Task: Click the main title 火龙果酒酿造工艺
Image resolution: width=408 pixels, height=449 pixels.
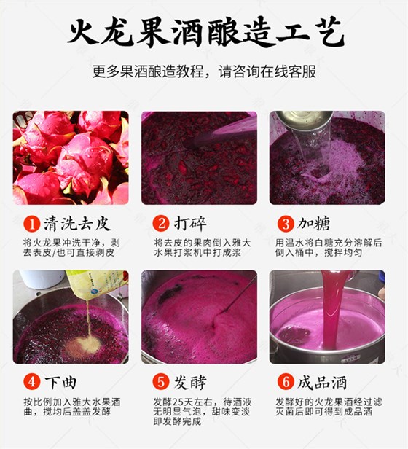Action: tap(206, 33)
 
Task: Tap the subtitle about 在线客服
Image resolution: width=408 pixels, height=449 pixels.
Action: tap(204, 71)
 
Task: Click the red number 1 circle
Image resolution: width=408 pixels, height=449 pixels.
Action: tap(32, 223)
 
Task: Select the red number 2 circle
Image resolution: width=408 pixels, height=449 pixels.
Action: tap(161, 223)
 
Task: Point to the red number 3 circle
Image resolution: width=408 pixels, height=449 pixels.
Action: tap(286, 223)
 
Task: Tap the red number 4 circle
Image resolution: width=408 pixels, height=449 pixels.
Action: tap(32, 382)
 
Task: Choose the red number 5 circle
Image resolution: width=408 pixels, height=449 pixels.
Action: tap(161, 382)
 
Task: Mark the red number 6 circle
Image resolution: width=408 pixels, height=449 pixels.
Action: tap(286, 382)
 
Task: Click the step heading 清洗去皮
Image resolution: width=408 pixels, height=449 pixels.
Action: tap(77, 223)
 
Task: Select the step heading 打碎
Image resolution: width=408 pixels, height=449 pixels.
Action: tap(190, 223)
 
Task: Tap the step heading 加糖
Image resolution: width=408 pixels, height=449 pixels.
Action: tap(313, 223)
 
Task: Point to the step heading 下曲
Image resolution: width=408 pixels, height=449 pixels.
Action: tap(60, 382)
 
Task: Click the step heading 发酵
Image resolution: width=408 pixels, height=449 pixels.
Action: tap(190, 382)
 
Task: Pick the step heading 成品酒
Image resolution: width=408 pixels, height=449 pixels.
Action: tap(322, 382)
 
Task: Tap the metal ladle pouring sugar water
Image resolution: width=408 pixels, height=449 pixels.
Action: tap(304, 120)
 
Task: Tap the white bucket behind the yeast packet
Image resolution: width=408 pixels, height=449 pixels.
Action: tap(42, 278)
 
